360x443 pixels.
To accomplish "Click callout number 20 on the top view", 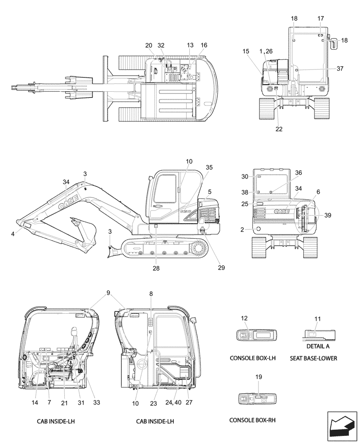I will pyautogui.click(x=149, y=45).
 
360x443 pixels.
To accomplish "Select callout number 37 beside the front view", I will pyautogui.click(x=340, y=69).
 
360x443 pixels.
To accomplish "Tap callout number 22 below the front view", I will pyautogui.click(x=278, y=129).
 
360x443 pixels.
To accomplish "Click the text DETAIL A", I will pyautogui.click(x=317, y=346).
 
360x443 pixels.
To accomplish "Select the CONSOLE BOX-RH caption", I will pyautogui.click(x=252, y=420).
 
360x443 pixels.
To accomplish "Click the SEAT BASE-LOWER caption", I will pyautogui.click(x=313, y=358).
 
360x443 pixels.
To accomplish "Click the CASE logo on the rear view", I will pyautogui.click(x=282, y=211).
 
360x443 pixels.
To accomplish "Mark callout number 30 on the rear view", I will pyautogui.click(x=244, y=176).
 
